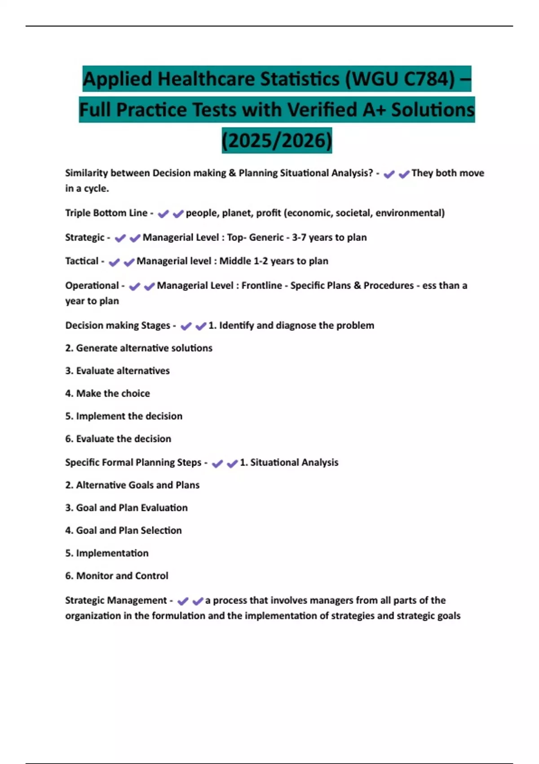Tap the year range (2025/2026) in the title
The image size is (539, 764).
click(277, 140)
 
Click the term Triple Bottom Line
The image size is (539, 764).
click(106, 213)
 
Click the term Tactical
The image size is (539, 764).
click(82, 261)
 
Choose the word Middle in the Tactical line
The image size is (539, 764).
click(235, 261)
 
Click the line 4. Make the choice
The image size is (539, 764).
click(107, 393)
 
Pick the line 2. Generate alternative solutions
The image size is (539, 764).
click(138, 348)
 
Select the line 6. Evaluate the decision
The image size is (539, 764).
click(118, 439)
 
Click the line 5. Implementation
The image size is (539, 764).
click(106, 553)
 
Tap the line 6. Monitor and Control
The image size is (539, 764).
click(116, 576)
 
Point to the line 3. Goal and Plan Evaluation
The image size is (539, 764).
click(126, 508)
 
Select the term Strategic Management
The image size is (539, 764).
click(116, 600)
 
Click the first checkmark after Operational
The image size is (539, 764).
click(134, 286)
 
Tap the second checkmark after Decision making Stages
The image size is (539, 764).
click(201, 326)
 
